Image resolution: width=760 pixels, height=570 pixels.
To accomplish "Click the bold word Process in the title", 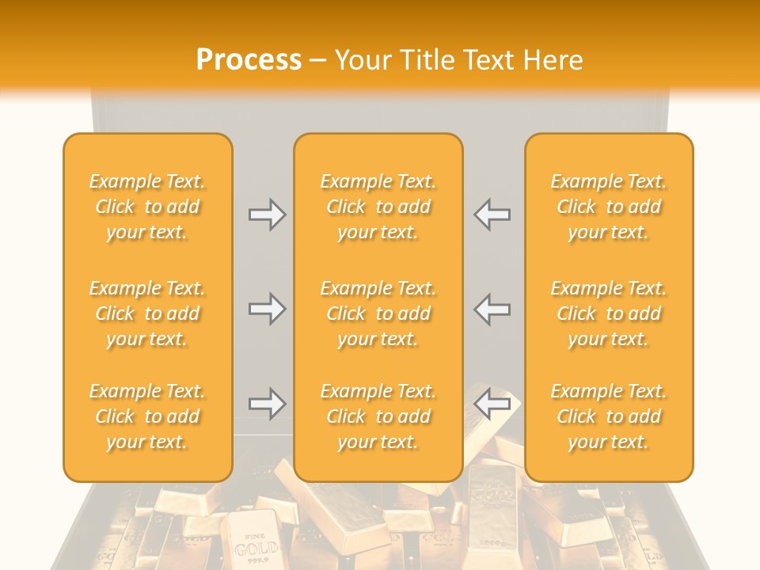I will (x=249, y=60).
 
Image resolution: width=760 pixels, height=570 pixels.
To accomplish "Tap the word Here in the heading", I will (x=551, y=60).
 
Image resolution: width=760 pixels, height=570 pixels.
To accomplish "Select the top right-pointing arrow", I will (x=267, y=215).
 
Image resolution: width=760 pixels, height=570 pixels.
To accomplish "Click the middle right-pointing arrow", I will (x=267, y=309).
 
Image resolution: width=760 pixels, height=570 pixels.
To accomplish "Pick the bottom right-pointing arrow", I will (x=267, y=405).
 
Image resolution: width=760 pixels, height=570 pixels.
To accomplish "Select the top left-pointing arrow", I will (x=492, y=215).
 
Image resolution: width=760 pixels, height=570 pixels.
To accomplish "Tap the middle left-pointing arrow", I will (x=492, y=309).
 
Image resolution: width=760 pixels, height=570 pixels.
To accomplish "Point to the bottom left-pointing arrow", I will (x=492, y=405).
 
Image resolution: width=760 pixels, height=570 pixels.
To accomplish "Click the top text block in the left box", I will (x=147, y=207).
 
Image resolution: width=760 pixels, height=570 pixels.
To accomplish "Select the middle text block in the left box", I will (x=147, y=313).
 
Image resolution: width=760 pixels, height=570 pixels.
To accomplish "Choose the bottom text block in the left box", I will (x=147, y=416).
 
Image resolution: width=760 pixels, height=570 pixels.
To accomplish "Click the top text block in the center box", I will (x=378, y=207).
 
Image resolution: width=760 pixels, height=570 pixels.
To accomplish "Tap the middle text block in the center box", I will (x=378, y=313).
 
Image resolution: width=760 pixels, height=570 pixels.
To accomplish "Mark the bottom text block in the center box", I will (x=378, y=416).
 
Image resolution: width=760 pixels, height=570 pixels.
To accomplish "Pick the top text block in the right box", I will (x=608, y=207).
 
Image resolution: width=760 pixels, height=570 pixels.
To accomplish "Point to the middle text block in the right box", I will (x=608, y=313).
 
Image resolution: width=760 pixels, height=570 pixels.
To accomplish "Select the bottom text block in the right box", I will (x=608, y=416).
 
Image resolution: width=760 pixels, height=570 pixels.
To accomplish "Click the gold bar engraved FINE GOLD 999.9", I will (x=253, y=541).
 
